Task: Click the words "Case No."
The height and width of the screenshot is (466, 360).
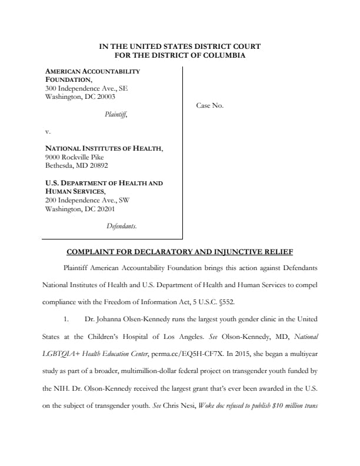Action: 209,106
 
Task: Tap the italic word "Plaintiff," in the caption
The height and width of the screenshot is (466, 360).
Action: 116,115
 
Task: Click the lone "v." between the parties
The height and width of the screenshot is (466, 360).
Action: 48,132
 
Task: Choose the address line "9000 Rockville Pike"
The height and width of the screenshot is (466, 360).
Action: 75,157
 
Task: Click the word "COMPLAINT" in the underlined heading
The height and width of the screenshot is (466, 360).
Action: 94,253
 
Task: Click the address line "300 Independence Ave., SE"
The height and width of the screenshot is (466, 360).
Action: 86,88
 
